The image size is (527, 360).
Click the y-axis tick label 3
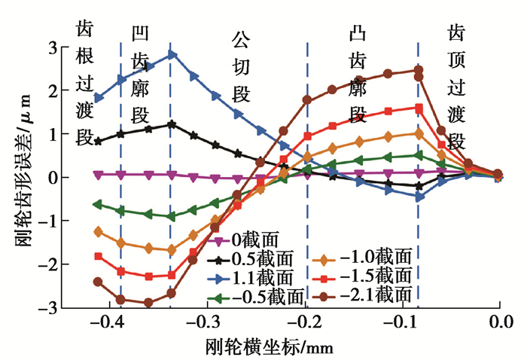coord(52,47)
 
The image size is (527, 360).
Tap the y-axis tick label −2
coord(47,264)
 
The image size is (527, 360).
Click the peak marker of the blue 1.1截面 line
coord(172,54)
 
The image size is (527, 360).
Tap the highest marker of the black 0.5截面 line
coord(172,124)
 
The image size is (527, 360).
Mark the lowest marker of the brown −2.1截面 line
coord(148,303)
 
